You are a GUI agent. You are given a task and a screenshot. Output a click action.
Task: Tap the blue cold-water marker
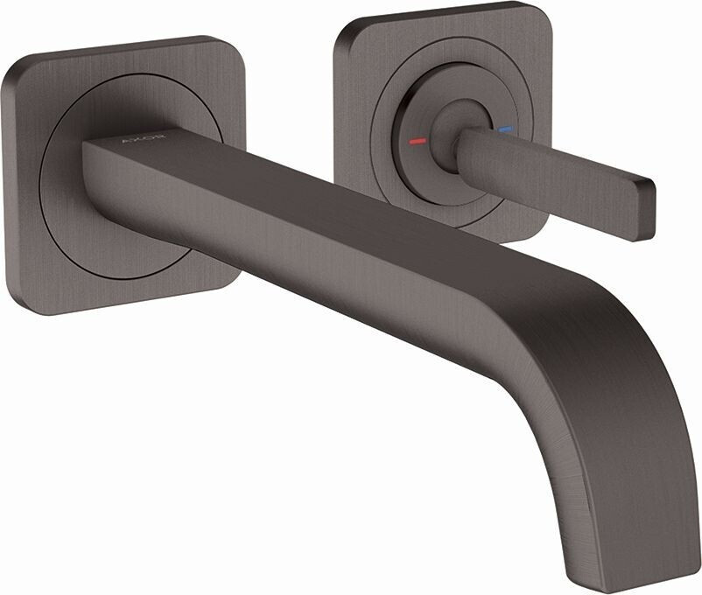click(502, 130)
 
